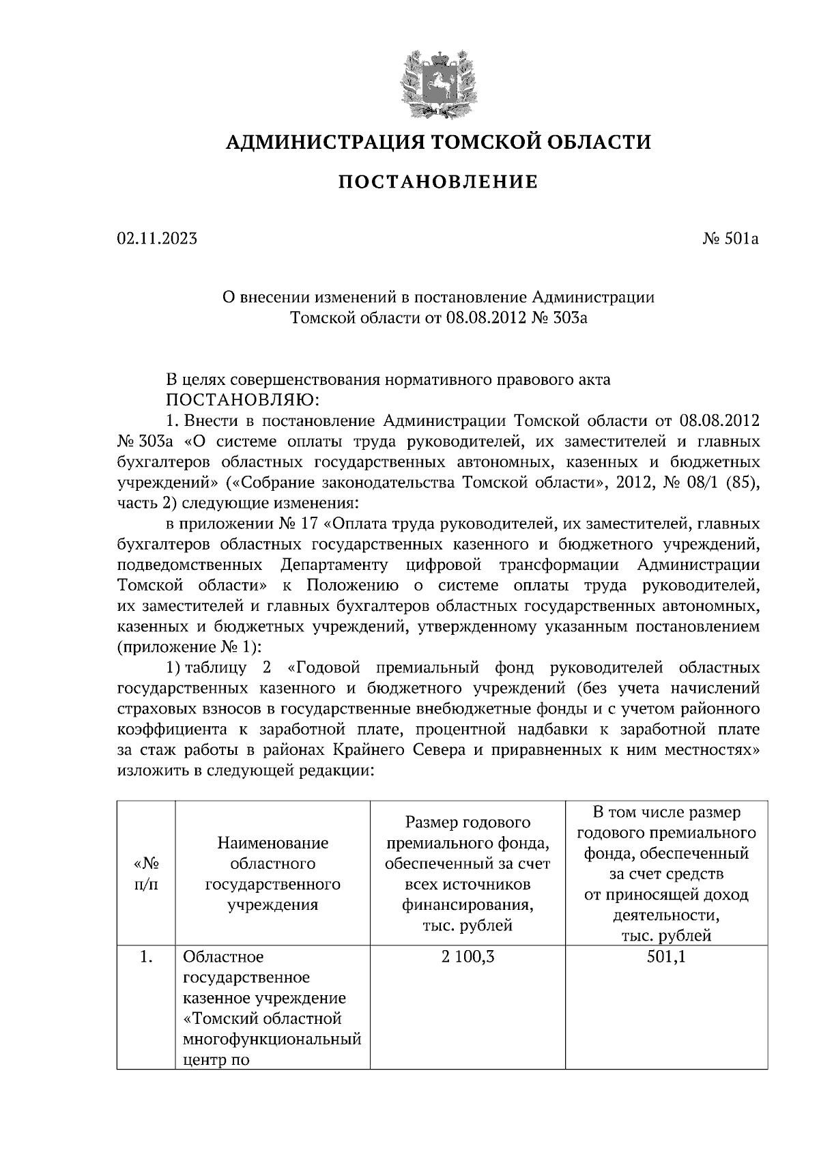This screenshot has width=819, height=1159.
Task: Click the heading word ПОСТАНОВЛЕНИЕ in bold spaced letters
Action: point(438,182)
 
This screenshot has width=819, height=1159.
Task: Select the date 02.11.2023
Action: point(157,239)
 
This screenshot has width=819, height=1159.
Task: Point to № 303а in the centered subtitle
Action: point(558,318)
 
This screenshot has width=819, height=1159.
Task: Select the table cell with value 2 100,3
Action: point(468,958)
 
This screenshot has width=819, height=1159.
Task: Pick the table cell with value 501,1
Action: point(666,958)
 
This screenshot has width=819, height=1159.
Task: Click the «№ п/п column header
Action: point(146,874)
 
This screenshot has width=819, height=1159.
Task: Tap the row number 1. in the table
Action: point(146,958)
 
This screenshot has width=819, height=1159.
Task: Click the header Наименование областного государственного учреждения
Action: point(273,874)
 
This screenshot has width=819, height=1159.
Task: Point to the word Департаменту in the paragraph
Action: point(334,565)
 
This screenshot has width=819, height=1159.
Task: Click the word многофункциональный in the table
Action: point(272,1040)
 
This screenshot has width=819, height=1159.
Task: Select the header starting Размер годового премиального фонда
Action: point(468,874)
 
